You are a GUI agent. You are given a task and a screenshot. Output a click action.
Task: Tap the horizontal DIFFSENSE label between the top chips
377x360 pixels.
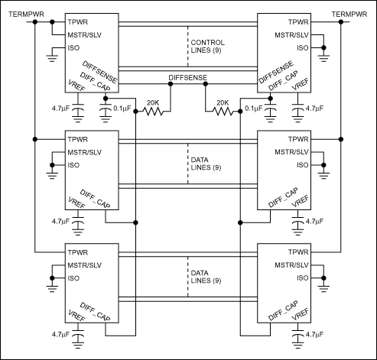pos(187,77)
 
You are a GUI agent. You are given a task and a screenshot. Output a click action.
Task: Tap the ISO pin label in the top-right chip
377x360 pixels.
pos(301,47)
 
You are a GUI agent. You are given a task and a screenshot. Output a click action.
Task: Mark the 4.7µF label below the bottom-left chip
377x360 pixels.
pos(61,335)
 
